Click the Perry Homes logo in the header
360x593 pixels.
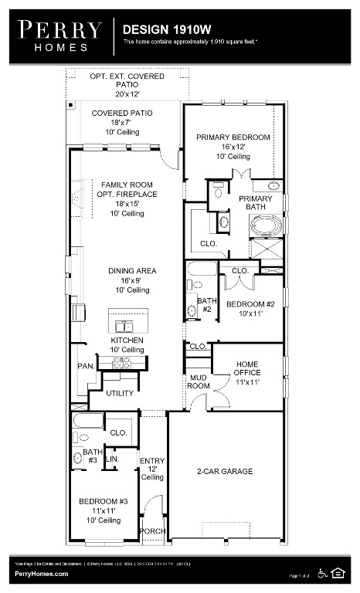click(x=59, y=36)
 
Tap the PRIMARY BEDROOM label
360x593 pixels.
click(x=233, y=137)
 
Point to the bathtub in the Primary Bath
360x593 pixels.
click(x=267, y=226)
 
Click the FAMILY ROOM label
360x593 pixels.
click(x=128, y=185)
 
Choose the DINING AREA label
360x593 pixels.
click(x=132, y=271)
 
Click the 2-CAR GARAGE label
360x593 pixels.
click(x=224, y=471)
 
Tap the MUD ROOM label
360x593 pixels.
click(x=199, y=381)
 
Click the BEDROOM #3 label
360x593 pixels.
click(x=103, y=502)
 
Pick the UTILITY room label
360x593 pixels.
click(x=120, y=393)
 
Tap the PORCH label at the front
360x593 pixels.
click(x=152, y=530)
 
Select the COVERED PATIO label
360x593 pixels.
click(x=122, y=113)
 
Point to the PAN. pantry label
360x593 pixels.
click(x=85, y=366)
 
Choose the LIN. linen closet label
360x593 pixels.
click(x=112, y=459)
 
